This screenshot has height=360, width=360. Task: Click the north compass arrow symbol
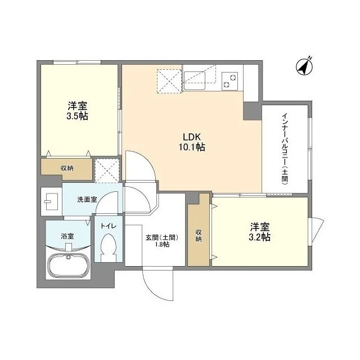[304, 66]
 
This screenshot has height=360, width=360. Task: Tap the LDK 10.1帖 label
[192, 142]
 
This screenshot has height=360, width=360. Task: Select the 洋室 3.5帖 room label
[78, 111]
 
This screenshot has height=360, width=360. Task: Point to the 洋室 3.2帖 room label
[260, 232]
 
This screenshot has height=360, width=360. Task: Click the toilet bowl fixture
[109, 247]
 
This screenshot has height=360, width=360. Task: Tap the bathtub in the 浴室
[68, 264]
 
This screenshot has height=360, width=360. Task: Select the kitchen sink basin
[195, 80]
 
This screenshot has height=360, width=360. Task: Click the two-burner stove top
[230, 81]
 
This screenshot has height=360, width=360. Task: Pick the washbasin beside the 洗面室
[52, 201]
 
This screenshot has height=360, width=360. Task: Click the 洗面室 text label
[87, 199]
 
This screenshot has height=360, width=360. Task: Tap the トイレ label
[108, 226]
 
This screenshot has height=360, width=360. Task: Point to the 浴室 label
[67, 236]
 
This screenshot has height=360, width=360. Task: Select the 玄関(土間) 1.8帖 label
[162, 241]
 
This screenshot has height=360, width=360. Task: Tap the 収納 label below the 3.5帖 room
[67, 168]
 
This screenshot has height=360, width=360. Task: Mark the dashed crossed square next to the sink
[169, 81]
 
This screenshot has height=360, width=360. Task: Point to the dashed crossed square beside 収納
[107, 170]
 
